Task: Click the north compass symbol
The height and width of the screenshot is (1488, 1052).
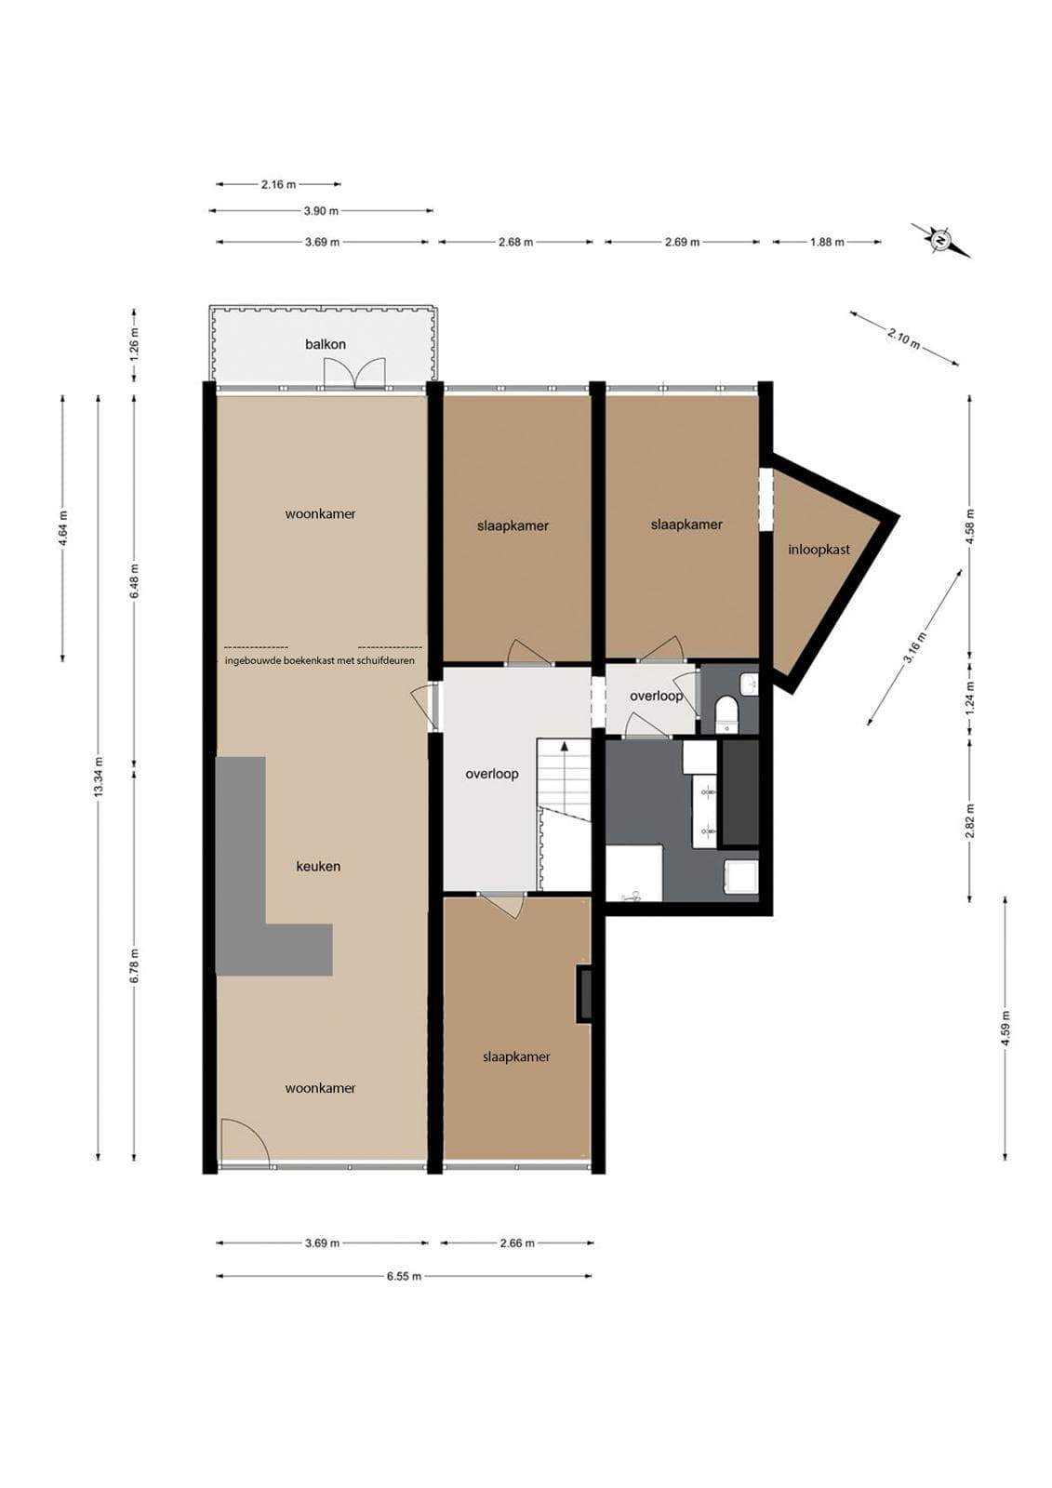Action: [939, 239]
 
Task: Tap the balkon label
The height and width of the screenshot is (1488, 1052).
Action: [326, 344]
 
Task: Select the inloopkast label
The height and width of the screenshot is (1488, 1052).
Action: [819, 550]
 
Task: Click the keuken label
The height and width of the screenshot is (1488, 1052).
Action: [318, 866]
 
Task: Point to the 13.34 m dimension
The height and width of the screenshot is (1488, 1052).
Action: [99, 777]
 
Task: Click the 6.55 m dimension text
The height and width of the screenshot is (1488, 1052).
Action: [404, 1275]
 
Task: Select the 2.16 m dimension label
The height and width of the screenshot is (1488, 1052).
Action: [278, 185]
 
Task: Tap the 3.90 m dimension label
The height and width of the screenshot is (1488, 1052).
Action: [321, 211]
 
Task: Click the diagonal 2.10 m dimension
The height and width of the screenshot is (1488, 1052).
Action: [904, 339]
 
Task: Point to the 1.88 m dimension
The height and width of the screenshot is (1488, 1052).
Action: [827, 242]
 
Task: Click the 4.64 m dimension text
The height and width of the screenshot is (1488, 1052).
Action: [63, 528]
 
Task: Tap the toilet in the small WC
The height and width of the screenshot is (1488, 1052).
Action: [727, 712]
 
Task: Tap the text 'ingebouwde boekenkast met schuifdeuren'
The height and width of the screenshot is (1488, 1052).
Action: [320, 660]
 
